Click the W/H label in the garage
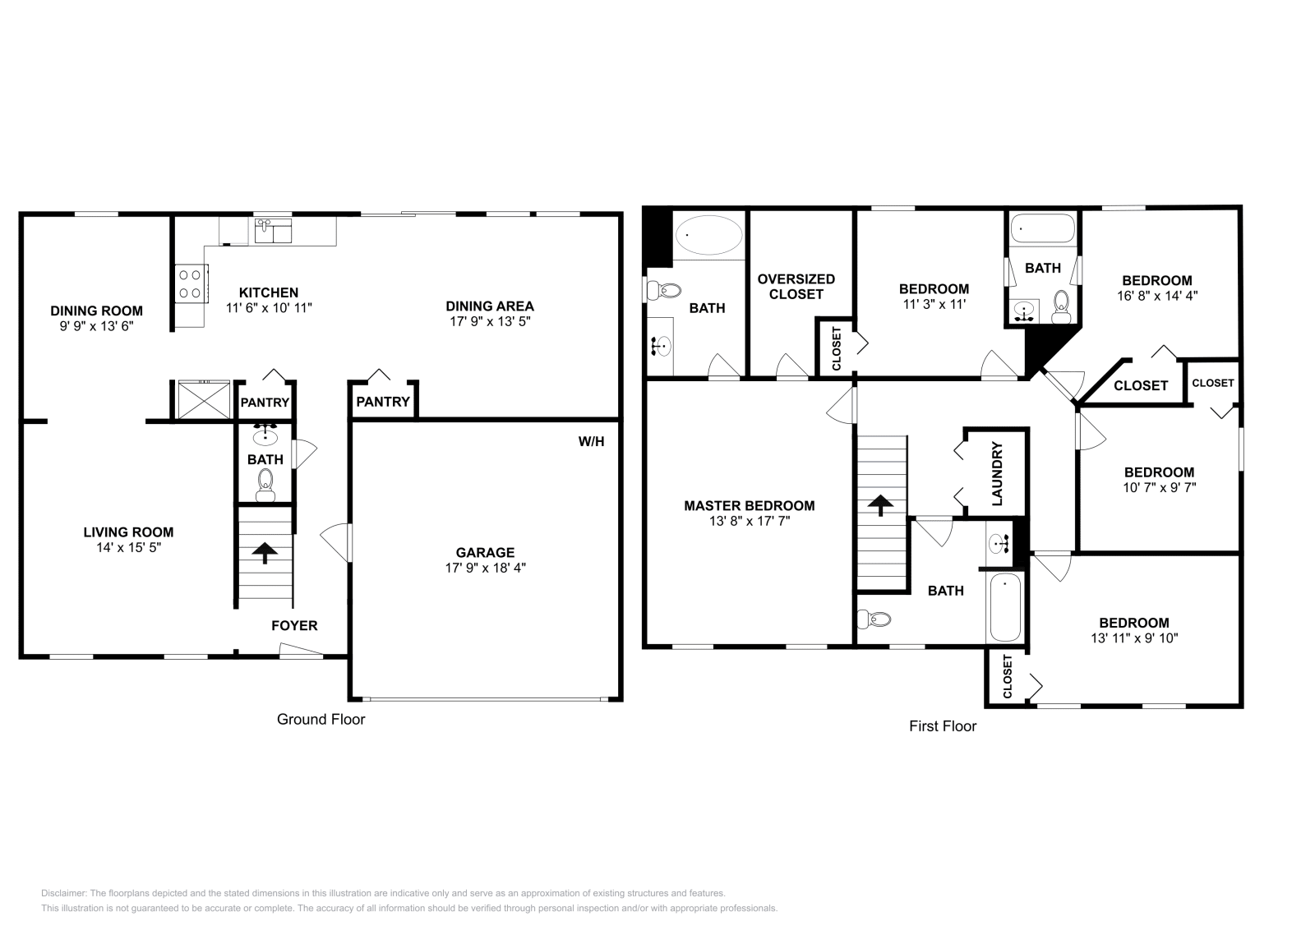591,442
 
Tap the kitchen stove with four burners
190,284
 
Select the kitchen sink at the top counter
272,231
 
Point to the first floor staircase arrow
881,505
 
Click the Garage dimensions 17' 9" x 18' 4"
486,568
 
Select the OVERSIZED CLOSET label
796,287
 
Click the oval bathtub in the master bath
707,235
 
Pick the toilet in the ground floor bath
265,485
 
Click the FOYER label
294,626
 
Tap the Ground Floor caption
321,720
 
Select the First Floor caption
943,726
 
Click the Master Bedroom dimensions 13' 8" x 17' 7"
749,521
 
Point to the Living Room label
128,532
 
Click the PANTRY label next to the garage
383,402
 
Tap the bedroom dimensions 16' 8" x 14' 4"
1156,295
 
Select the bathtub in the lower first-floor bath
1005,607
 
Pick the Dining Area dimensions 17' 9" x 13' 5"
490,321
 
